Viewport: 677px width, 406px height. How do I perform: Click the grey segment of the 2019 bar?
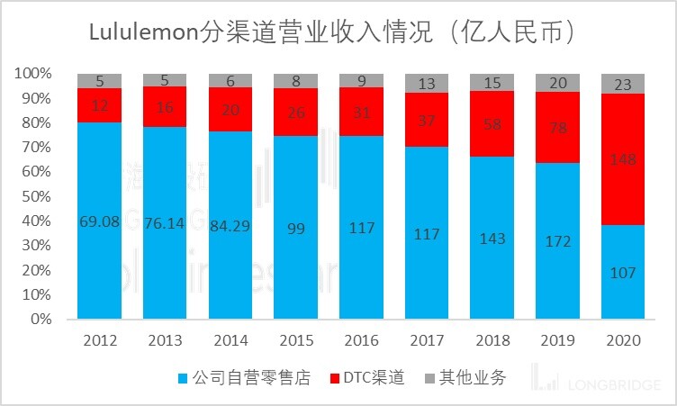[557, 83]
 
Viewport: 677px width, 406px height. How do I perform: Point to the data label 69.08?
[99, 220]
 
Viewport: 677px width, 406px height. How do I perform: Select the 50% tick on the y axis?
[34, 195]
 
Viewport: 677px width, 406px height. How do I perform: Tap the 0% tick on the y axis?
[41, 319]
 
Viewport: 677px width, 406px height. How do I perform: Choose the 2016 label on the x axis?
[361, 342]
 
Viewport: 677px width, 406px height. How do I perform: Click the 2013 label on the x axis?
[165, 342]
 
